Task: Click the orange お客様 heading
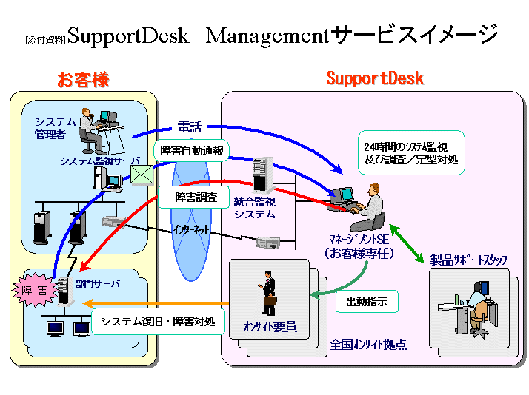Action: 82,79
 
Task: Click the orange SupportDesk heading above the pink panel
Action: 374,78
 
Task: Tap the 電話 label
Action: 189,127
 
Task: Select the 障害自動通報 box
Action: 193,150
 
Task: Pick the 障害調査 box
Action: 196,197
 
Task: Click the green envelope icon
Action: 141,173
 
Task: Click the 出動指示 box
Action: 367,302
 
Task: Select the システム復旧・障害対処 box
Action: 158,322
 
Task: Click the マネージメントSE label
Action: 359,240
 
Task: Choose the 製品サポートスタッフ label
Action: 469,260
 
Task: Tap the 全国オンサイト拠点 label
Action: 367,345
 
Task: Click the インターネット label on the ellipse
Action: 191,229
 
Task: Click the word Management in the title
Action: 266,36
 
